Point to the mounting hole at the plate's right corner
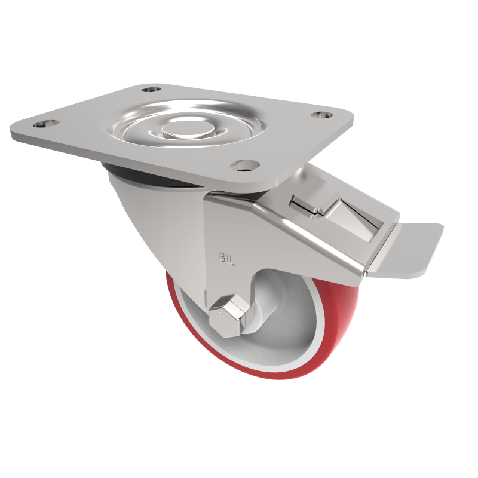click(324, 114)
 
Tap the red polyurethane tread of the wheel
click(335, 335)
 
